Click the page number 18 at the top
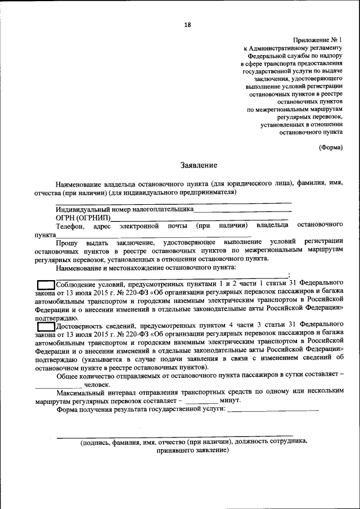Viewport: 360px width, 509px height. (x=187, y=24)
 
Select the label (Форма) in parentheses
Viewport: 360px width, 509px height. (x=330, y=147)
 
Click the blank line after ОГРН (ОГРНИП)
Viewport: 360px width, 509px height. (x=200, y=219)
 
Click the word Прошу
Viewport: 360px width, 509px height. (x=67, y=242)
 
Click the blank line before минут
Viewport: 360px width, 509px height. (x=201, y=401)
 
